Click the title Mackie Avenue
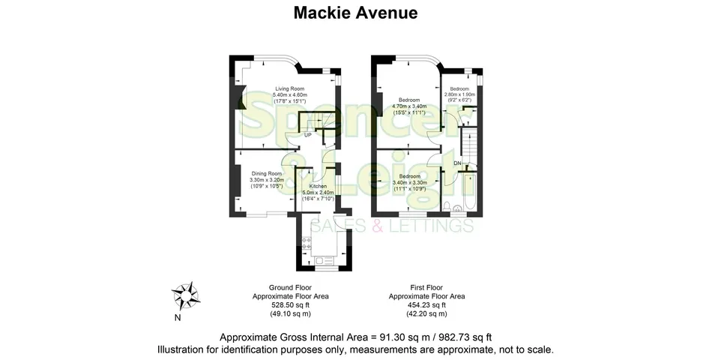[355, 13]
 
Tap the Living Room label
[289, 88]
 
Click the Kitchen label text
[319, 186]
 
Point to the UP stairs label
[307, 135]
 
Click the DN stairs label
[456, 163]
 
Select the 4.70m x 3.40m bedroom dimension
[408, 106]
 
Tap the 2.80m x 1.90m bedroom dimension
[459, 94]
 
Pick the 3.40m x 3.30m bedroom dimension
[408, 182]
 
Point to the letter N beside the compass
[177, 317]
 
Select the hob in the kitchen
[306, 244]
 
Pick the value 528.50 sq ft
[290, 304]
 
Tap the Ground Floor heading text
[290, 287]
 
